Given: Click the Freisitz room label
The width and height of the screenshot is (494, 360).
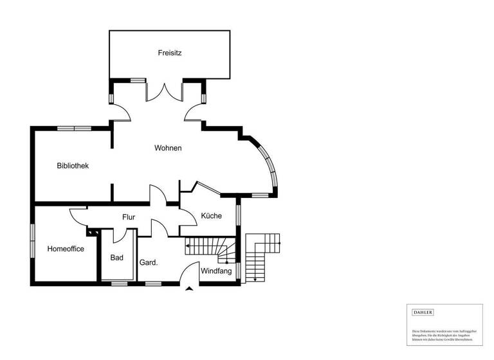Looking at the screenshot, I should click(170, 53).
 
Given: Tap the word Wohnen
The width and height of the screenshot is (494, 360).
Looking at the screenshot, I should click(168, 148).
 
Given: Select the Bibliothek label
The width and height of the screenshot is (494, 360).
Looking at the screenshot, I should click(73, 166).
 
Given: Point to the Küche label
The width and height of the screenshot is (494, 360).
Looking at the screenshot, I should click(211, 216).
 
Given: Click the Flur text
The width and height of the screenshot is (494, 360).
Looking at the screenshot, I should click(129, 217).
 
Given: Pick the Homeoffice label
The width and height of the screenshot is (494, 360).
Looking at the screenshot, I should click(66, 249).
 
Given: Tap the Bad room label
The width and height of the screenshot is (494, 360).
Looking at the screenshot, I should click(116, 258).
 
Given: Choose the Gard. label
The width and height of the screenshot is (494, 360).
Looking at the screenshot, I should click(149, 262).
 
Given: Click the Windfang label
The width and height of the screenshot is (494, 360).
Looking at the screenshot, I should click(216, 271).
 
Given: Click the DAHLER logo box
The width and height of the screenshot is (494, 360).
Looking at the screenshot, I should click(423, 312).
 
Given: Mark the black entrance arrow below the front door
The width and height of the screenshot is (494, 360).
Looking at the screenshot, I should click(188, 289).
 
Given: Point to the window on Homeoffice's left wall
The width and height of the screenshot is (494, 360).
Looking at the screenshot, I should click(32, 240).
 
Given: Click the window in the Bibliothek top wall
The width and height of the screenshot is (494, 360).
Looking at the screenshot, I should click(74, 128).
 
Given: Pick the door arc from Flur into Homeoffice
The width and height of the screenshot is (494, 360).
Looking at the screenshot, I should click(78, 216).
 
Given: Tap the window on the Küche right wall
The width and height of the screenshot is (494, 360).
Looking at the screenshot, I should click(239, 214).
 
